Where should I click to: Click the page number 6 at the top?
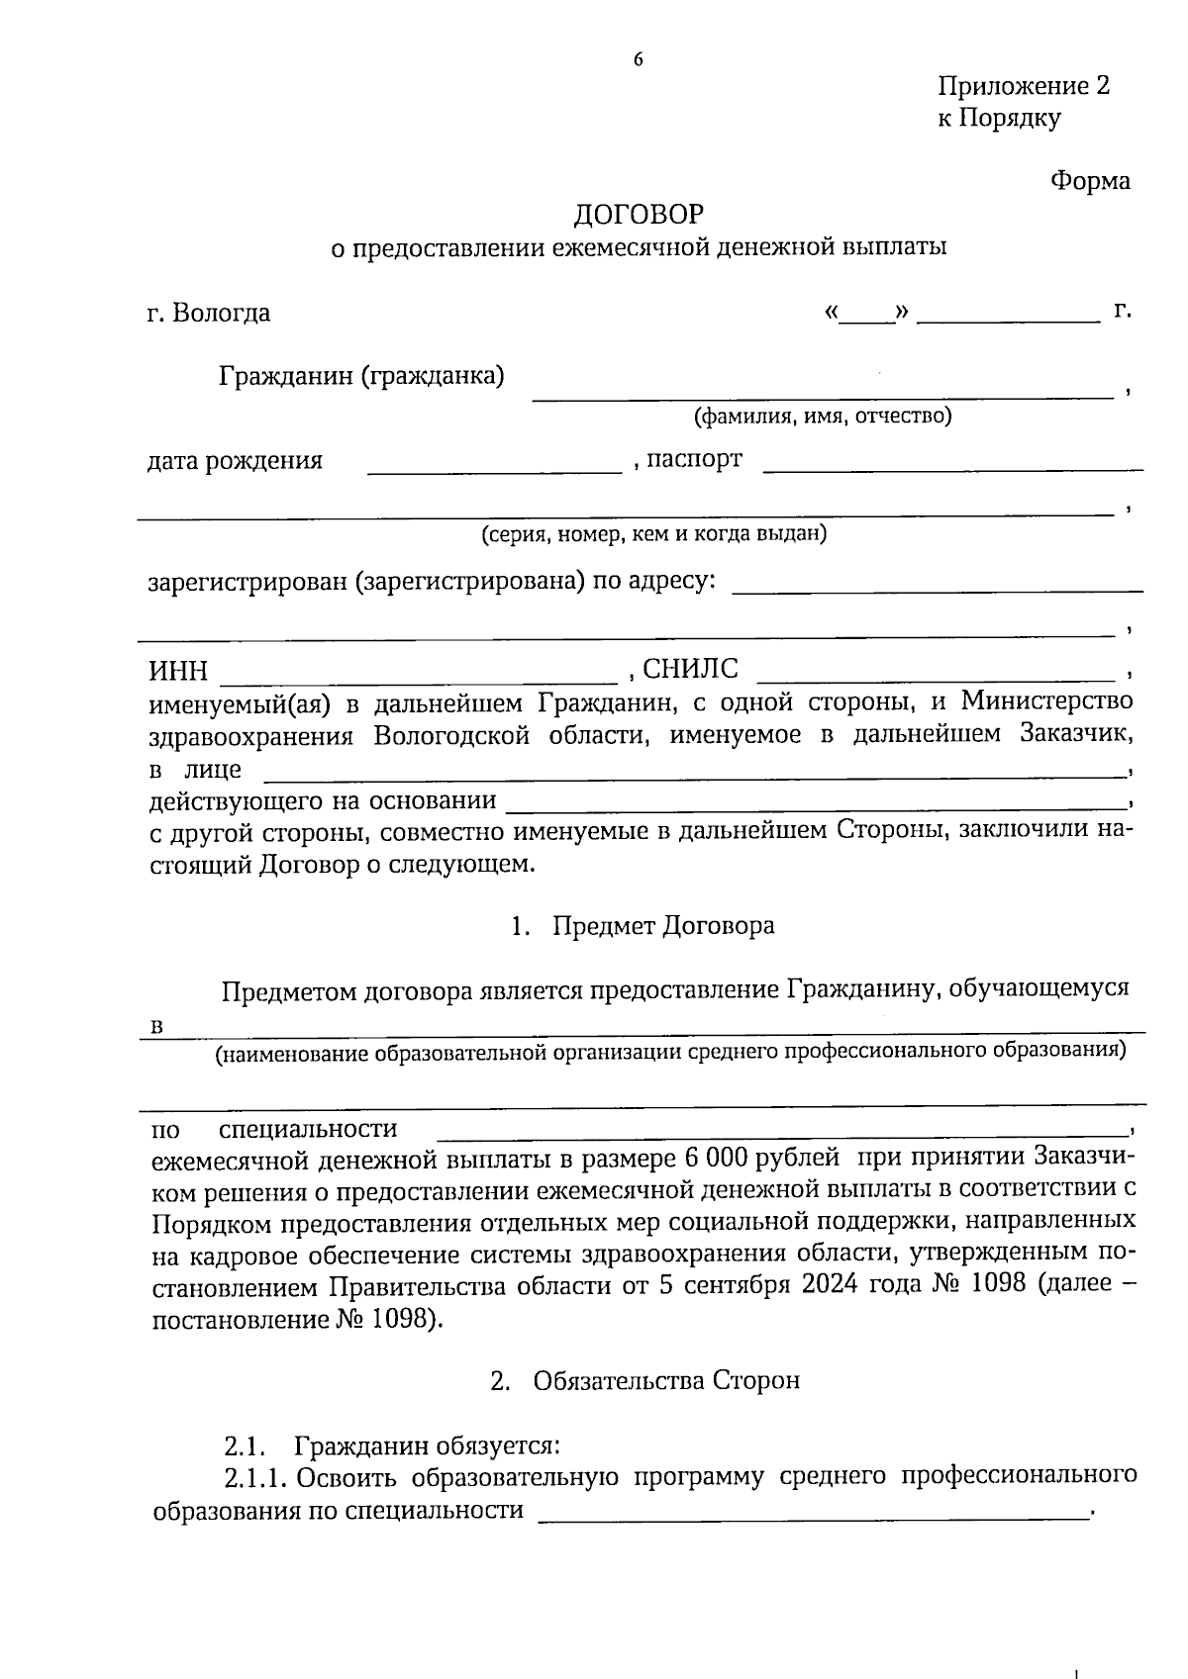point(638,60)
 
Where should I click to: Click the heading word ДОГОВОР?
point(640,215)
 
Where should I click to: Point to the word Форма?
point(1089,181)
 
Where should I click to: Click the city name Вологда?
point(221,314)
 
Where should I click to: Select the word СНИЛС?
point(690,670)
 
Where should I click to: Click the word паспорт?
point(694,460)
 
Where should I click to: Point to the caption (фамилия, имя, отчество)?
point(823,417)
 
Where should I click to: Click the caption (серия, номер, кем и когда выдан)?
point(654,535)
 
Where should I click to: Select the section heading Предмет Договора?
point(663,926)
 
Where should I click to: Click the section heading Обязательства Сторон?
point(665,1380)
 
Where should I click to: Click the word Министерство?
point(1047,701)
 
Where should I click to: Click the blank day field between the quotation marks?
point(867,319)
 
